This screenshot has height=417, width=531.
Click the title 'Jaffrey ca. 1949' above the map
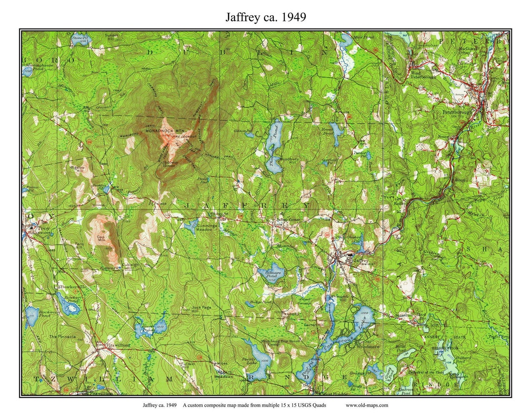(x=265, y=17)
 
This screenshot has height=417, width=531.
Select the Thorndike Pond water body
(x=273, y=150)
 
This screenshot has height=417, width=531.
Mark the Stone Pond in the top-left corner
(x=79, y=39)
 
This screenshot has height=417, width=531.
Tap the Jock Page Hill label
(x=201, y=310)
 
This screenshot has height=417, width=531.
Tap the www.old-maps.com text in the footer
(x=367, y=405)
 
